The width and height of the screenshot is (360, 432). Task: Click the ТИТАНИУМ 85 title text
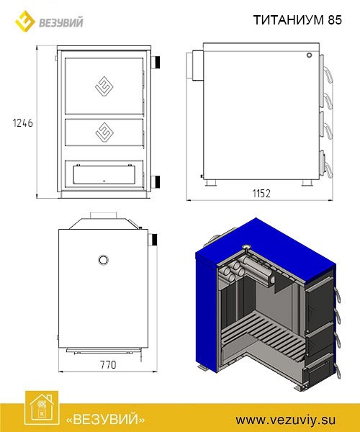(x=297, y=20)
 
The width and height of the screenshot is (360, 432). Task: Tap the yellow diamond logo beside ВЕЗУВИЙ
(x=25, y=21)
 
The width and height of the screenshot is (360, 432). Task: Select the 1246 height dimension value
(x=22, y=123)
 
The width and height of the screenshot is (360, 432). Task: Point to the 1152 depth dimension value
(x=261, y=194)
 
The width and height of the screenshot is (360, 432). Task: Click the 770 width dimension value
(x=108, y=365)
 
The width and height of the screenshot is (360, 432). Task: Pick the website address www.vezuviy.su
(x=286, y=420)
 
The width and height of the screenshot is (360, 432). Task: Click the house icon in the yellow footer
(x=42, y=408)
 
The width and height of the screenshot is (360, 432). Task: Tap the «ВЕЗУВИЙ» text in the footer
(x=106, y=420)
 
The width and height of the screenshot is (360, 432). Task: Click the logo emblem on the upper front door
(x=104, y=86)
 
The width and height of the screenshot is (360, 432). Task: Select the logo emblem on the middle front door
(x=104, y=132)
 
